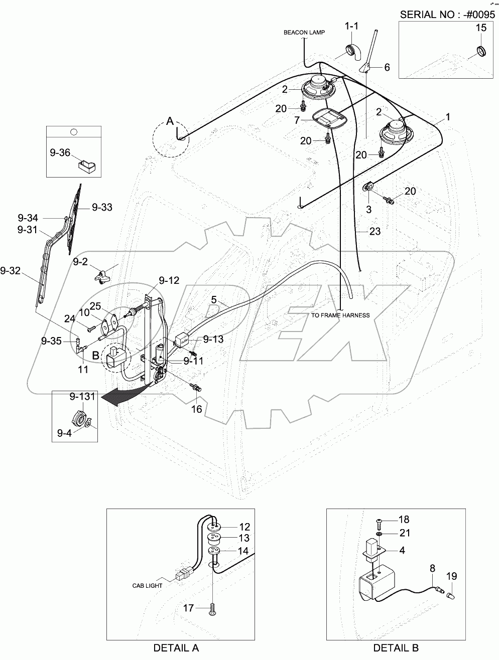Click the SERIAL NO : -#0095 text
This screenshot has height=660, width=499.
click(x=446, y=14)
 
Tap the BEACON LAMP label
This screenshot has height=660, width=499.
click(x=304, y=32)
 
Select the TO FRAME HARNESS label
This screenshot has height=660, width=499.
click(x=340, y=315)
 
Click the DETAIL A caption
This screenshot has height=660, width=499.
click(x=176, y=648)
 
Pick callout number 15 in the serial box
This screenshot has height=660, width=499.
click(x=480, y=28)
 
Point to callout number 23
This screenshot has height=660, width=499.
click(x=375, y=231)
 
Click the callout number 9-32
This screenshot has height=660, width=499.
click(x=11, y=271)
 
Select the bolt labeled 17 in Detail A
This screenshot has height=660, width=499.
click(x=213, y=608)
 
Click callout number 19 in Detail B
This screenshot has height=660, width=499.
click(x=451, y=576)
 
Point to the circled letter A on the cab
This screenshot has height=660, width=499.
click(x=170, y=121)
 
